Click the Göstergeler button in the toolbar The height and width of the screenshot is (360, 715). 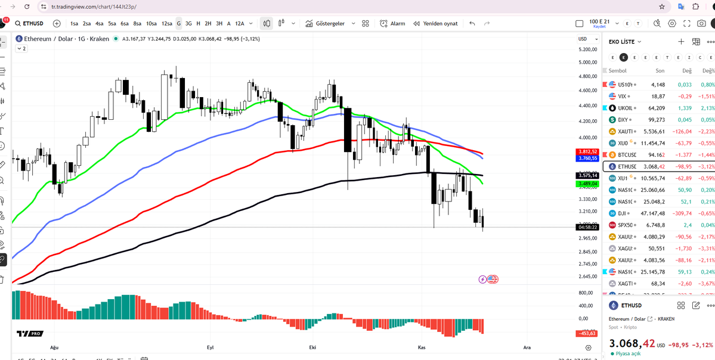325,23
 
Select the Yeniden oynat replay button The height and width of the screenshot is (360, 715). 435,23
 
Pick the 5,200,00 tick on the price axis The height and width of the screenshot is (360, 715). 587,49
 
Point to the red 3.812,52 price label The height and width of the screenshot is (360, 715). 588,152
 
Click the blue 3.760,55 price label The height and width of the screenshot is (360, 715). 588,159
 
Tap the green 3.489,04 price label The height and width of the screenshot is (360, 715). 588,184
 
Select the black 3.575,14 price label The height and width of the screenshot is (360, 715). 588,176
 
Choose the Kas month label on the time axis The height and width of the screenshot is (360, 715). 422,347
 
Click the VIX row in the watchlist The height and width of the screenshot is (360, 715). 626,96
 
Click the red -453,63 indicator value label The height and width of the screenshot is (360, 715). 588,333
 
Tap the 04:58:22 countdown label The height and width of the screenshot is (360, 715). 588,227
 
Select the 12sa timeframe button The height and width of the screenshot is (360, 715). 166,23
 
